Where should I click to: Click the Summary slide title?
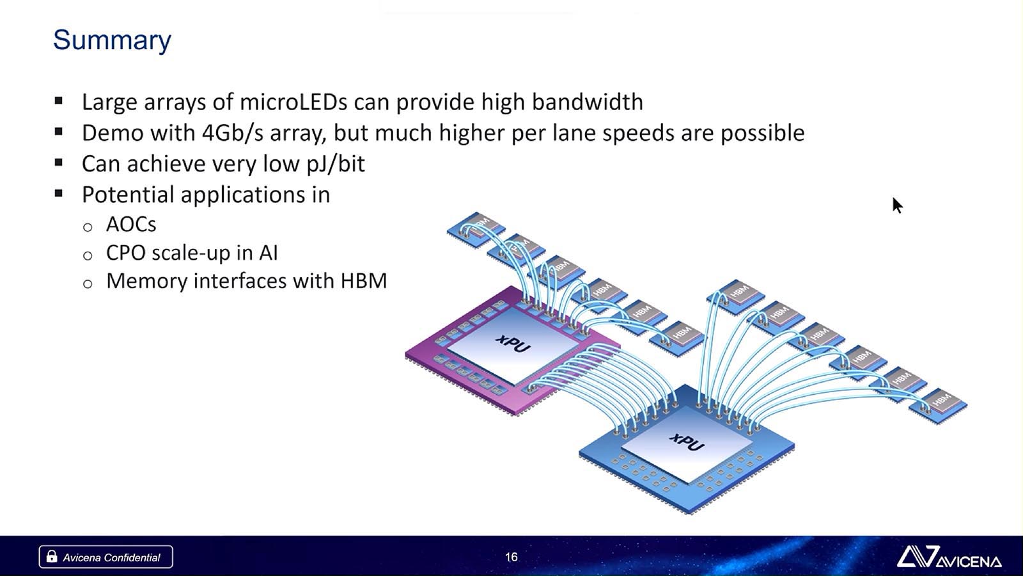(112, 40)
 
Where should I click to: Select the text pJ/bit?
(336, 164)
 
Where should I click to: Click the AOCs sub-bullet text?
(131, 225)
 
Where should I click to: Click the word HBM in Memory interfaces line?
(364, 281)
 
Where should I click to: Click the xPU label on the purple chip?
(513, 344)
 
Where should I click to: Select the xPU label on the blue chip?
(687, 442)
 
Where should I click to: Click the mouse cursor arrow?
(897, 205)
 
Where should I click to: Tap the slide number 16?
(511, 557)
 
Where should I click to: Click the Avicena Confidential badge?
(106, 557)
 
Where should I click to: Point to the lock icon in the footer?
(52, 556)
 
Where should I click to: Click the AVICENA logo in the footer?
(949, 557)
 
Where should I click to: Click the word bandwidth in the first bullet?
(588, 102)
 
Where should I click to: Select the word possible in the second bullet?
(763, 134)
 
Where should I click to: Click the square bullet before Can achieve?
(58, 163)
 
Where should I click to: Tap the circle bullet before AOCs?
(88, 227)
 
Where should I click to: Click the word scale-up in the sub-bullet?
(191, 253)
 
